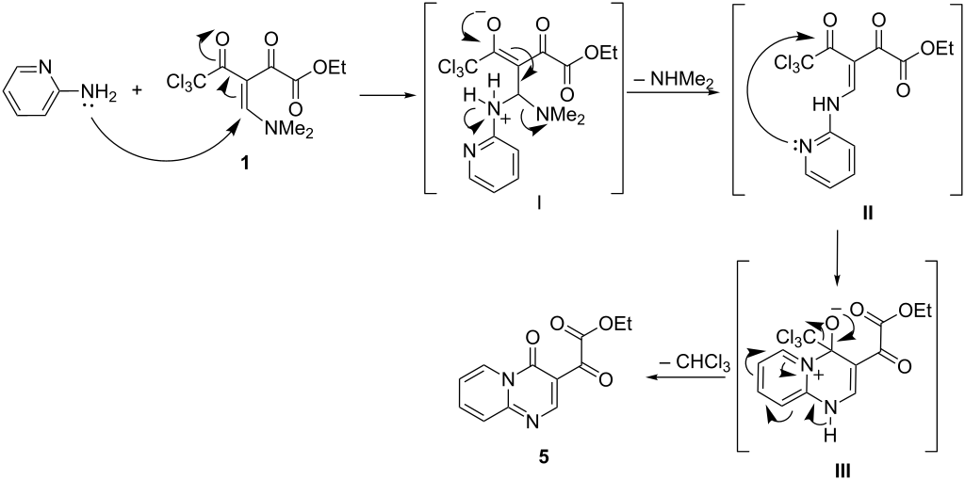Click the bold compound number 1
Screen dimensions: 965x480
(x=246, y=166)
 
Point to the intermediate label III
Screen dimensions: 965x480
(x=842, y=471)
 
